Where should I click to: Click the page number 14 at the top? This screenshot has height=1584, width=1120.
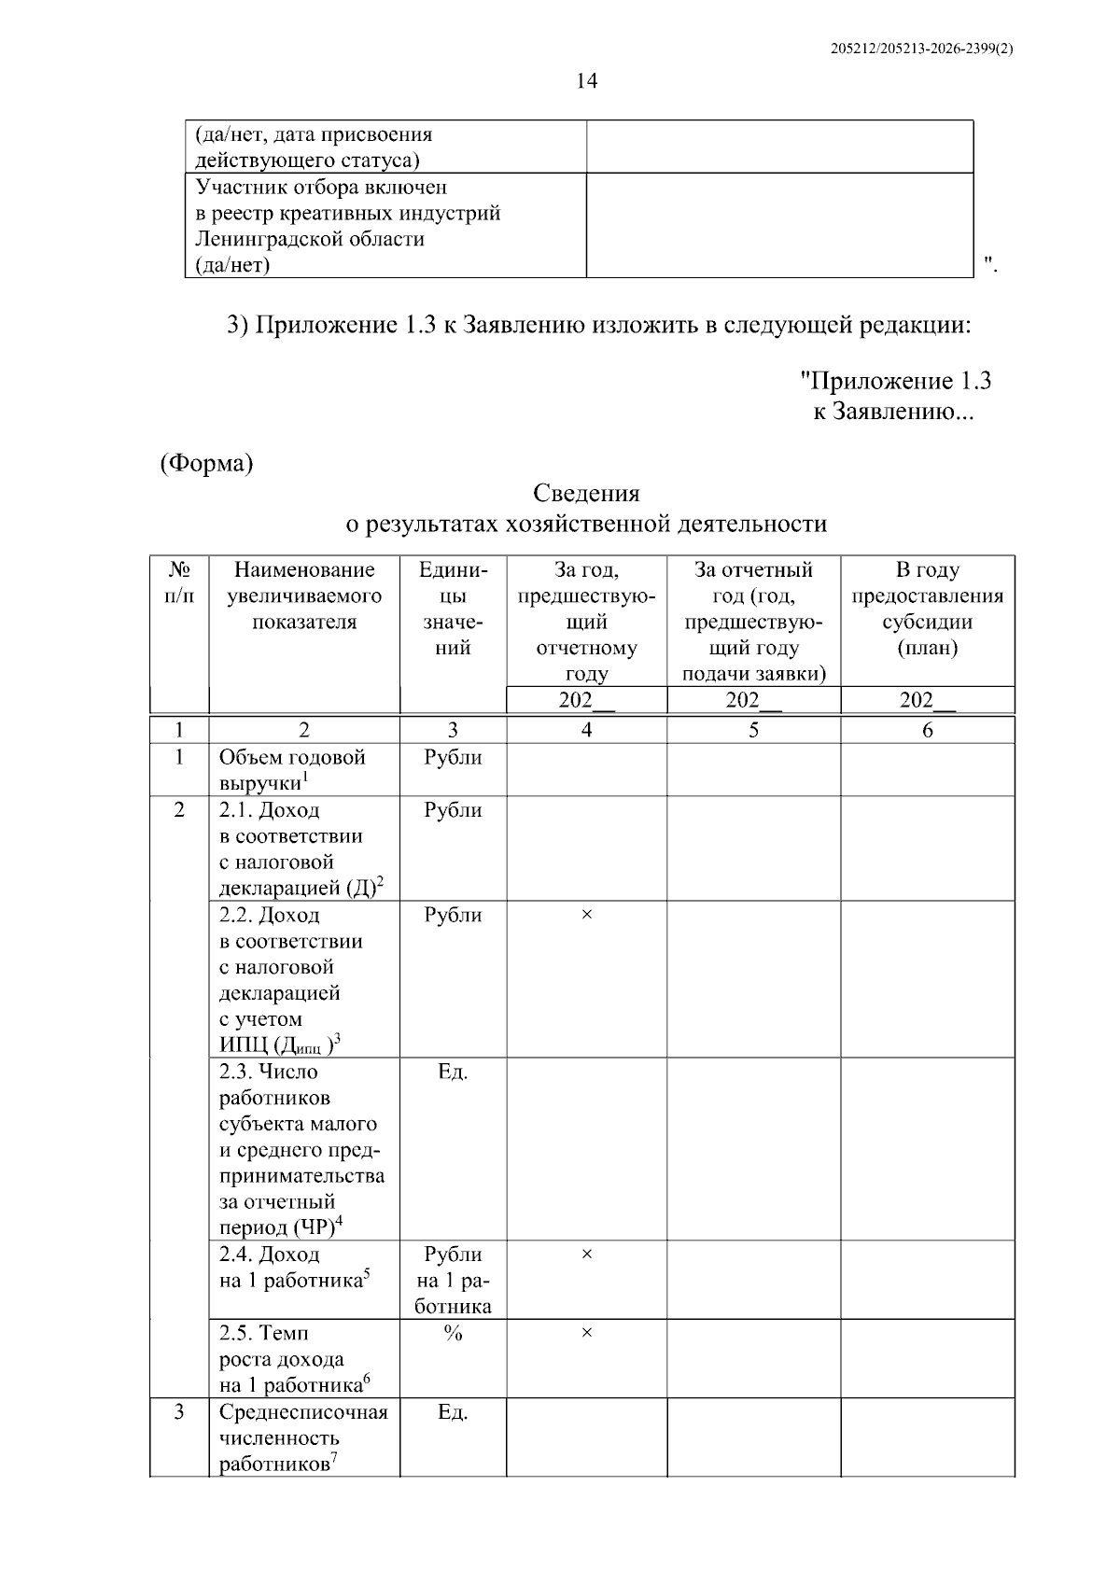pos(586,81)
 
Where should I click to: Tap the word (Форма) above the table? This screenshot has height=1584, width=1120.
pos(206,464)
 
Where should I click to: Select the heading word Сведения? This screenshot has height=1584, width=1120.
pos(586,493)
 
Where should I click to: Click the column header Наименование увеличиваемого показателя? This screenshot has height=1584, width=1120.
pos(304,596)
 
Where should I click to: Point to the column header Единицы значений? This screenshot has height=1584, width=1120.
pos(453,609)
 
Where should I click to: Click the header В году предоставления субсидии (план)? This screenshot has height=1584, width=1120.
pos(927,609)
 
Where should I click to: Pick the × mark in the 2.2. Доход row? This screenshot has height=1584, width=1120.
pos(586,916)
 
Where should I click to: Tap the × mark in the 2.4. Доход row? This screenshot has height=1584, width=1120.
pos(586,1255)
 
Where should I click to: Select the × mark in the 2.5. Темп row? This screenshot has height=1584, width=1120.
pos(586,1333)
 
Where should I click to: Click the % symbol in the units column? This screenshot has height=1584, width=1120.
pos(453,1333)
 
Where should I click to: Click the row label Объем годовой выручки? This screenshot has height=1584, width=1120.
pos(292,770)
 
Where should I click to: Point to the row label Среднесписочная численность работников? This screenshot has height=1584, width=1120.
pos(303,1437)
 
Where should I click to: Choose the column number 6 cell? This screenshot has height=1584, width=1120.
pos(927,730)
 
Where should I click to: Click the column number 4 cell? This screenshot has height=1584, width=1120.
pos(586,730)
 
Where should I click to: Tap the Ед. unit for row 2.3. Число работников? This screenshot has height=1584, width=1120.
pos(453,1072)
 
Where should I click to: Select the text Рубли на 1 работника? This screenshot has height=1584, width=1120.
pos(453,1281)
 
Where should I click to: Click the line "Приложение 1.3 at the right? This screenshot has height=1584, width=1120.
pos(896,381)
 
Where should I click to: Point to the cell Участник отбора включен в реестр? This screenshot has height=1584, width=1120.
pos(347,226)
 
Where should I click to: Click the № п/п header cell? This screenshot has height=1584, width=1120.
pos(179,582)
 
